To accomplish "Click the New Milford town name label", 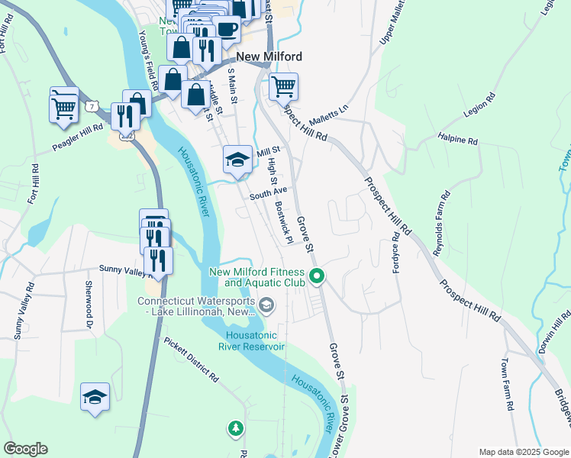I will coord(269,56).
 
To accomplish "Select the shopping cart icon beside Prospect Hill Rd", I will coord(283,87).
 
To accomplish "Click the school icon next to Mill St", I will coord(237,160).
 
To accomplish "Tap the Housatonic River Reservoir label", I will coord(255,340).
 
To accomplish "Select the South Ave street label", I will coord(268,195).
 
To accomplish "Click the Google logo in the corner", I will coord(25,449).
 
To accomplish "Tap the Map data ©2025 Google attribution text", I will coord(522,452).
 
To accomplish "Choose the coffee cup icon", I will coord(227,29).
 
